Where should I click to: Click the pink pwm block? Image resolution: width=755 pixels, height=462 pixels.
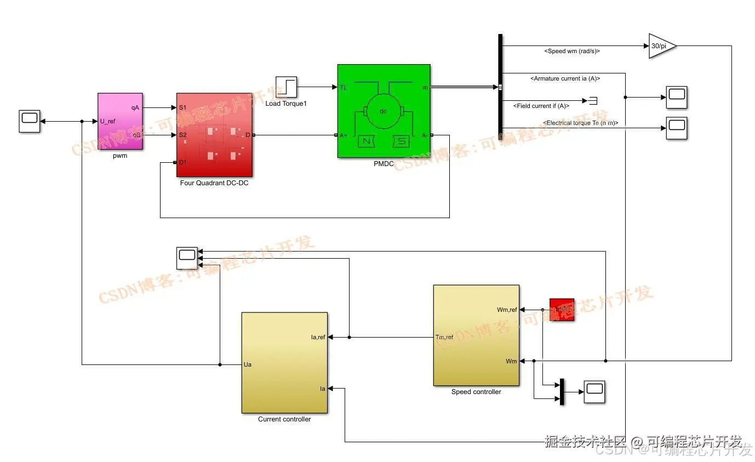pos(120,121)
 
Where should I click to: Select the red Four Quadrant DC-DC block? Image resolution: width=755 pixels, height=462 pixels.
pos(214,135)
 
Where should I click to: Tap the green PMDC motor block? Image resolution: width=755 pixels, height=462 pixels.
pos(384,111)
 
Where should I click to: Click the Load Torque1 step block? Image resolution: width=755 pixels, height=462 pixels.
pos(286,87)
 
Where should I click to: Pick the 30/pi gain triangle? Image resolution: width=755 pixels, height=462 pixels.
pos(661,46)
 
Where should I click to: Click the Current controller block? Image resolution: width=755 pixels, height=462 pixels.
pos(284,363)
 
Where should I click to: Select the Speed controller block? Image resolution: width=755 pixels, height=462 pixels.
pos(476,335)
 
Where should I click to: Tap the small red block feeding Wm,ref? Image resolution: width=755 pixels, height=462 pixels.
pos(562,310)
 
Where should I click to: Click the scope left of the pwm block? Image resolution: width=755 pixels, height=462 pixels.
pos(28,121)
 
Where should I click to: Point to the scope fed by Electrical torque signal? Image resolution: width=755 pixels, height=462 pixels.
pos(677,128)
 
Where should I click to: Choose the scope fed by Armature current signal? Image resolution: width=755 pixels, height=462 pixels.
pos(677,98)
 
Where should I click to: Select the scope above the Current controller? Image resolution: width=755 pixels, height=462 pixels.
pos(187,258)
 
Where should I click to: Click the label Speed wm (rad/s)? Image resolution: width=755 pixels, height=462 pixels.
pos(572,51)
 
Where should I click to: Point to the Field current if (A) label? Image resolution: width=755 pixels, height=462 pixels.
pos(541,106)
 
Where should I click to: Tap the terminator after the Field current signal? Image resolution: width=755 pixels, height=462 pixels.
pos(592,100)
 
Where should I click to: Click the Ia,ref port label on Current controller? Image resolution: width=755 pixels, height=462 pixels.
pos(318,337)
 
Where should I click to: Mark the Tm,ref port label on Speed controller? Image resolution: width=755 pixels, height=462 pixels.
pos(444,337)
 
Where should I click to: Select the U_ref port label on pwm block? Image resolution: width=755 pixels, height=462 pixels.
pos(107,121)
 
